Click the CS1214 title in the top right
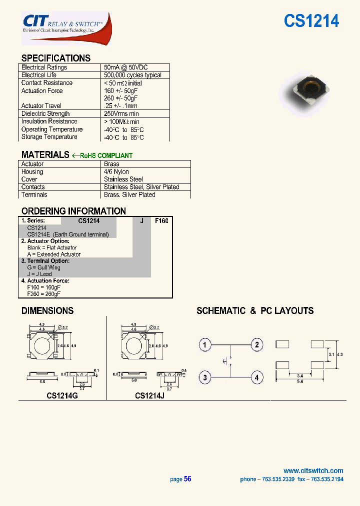(311, 21)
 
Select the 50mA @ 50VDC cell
(125, 67)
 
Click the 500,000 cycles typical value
(132, 75)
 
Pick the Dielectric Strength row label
(45, 113)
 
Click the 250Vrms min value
(121, 113)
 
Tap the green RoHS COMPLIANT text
(106, 155)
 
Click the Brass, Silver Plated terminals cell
(129, 194)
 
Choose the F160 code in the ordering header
(161, 220)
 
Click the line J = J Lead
(39, 274)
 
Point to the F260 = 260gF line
(44, 293)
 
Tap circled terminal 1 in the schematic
(204, 344)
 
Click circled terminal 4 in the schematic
(256, 377)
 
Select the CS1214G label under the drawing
(62, 395)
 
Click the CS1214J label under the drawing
(149, 395)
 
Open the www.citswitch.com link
(313, 470)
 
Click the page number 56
(187, 478)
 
